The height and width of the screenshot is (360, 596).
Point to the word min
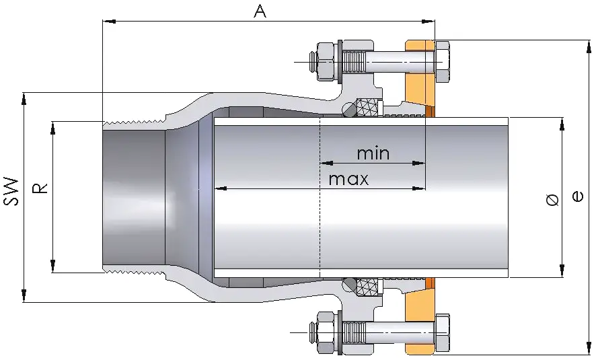tap(373, 153)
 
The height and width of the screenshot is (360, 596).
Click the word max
tap(348, 179)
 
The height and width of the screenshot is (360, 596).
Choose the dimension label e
tap(576, 196)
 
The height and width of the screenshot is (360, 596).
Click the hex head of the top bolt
tap(443, 62)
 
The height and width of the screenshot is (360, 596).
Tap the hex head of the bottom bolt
tap(443, 332)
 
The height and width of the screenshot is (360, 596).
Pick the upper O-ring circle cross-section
tap(348, 108)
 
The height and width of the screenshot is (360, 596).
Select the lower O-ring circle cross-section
tap(348, 286)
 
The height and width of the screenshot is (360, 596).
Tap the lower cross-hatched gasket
tap(368, 287)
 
